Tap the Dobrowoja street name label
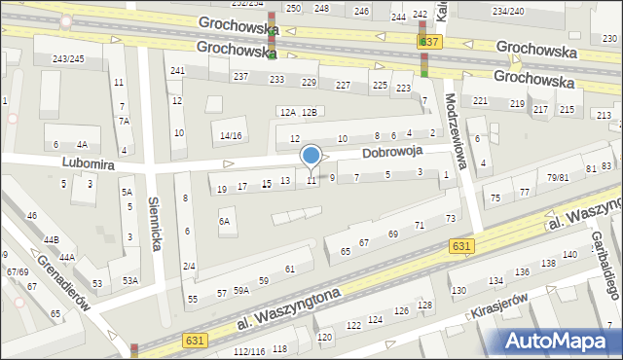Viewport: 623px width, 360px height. coord(392,154)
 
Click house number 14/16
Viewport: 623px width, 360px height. coord(231,135)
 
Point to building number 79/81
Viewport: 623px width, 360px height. coord(557,177)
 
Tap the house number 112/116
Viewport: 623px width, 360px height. coord(249,351)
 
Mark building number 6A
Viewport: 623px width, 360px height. coord(225,222)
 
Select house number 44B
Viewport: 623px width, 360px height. coord(51,239)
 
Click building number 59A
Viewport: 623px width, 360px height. coord(240,290)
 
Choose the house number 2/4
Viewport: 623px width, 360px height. coord(189,267)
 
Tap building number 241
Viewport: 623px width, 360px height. coord(177,71)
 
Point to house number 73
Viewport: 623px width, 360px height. coord(451,218)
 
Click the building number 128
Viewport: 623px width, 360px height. coord(424,306)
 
